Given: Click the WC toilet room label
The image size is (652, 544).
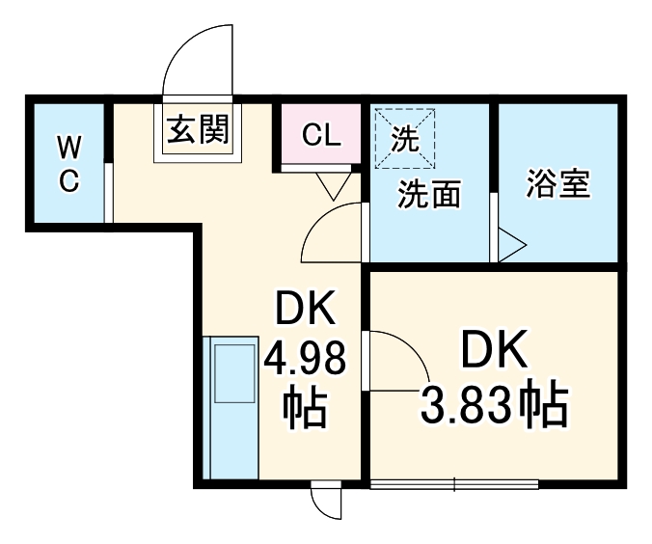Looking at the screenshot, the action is coord(69,164).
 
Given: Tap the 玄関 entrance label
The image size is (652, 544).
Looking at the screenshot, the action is coord(198,129).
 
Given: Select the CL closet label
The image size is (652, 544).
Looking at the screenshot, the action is coord(321,135).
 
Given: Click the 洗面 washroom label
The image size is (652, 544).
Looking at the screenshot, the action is coord(429,194).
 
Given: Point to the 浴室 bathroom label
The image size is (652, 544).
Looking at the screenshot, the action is coord(558,183).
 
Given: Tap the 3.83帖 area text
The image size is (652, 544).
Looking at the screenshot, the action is coord(494,405).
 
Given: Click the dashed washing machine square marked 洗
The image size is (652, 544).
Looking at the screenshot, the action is coord(405,139).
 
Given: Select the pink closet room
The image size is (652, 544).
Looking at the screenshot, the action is coord(321,133).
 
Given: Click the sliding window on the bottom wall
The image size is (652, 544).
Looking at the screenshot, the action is coord(454,484).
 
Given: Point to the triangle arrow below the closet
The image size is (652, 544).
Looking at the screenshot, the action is coord(334,186).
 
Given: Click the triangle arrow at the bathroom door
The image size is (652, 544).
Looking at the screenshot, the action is coord(512,245).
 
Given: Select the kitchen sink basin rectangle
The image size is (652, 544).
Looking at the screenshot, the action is coord(234,373).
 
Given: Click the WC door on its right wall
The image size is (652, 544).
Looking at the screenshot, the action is coord(108,193).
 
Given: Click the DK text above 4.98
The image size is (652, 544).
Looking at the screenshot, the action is coord(305,309).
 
